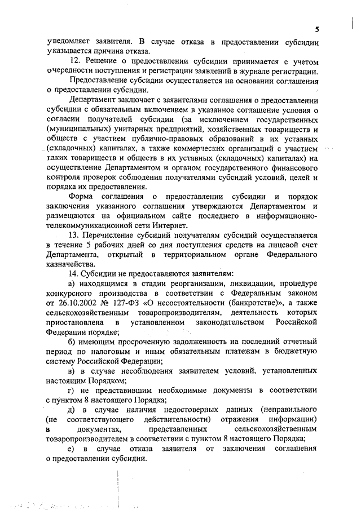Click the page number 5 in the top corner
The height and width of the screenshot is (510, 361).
pos(317,29)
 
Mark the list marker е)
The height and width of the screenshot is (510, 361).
pos(71,449)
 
